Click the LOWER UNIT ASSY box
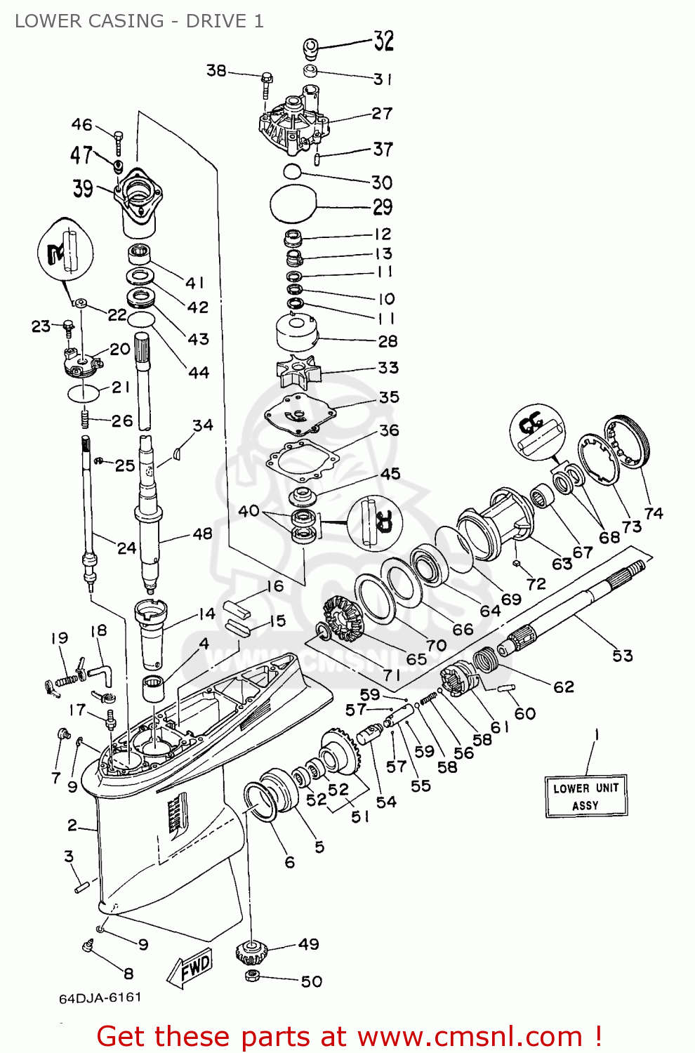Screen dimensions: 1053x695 pos(586,796)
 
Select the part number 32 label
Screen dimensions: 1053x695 pos(383,41)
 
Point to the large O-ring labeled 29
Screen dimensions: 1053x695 pos(293,206)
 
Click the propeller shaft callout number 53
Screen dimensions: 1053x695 pos(622,656)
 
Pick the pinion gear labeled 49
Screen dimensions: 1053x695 pos(253,953)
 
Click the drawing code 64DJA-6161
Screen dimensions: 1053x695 pos(100,998)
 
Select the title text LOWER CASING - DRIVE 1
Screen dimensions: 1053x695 pos(139,21)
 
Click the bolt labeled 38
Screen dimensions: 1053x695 pos(266,84)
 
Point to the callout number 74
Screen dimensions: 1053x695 pos(653,513)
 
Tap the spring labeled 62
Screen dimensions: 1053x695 pos(484,661)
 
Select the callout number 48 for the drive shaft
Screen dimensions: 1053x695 pos(202,534)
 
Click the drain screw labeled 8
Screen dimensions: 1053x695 pos(88,947)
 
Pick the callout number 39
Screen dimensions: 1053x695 pos(83,188)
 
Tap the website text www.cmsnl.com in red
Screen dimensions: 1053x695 pos(470,1037)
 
